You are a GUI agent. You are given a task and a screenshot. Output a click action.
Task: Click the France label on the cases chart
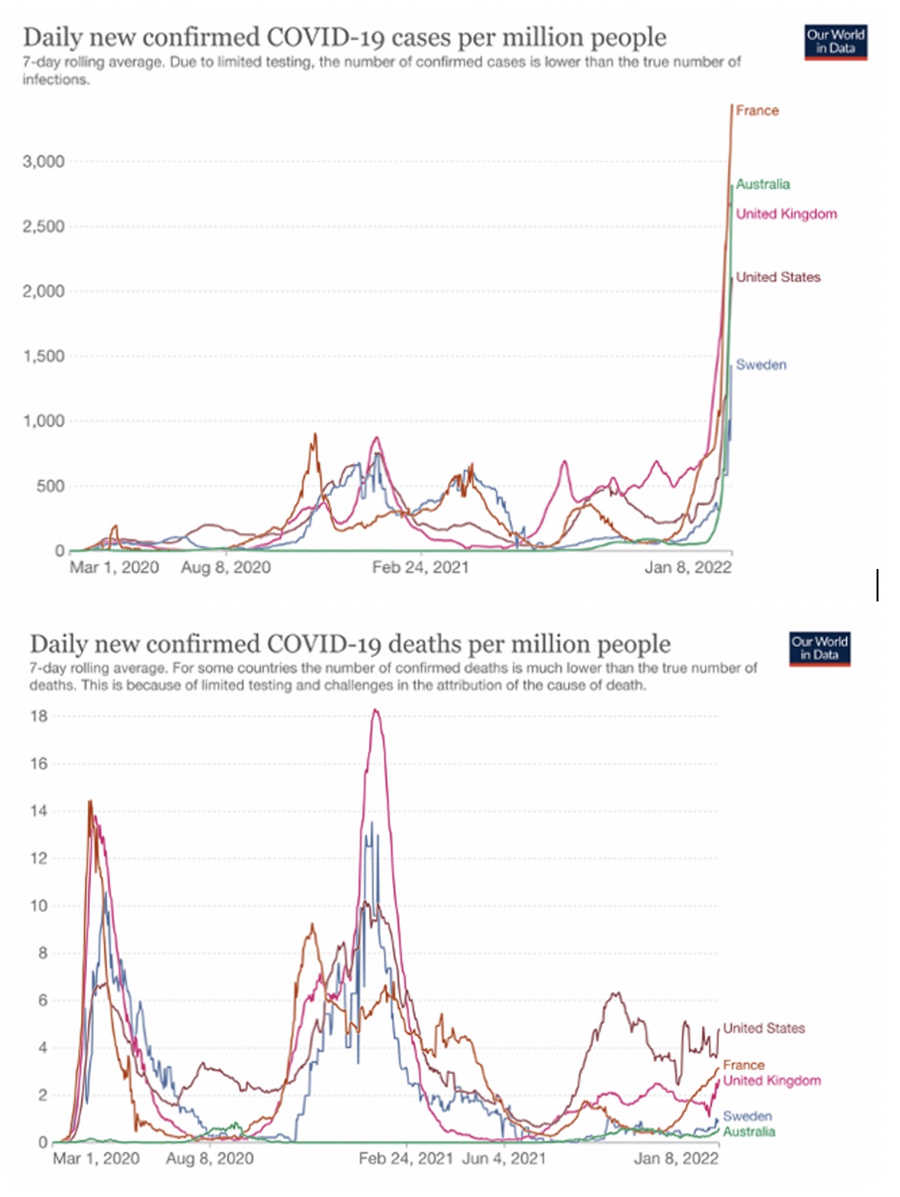(757, 111)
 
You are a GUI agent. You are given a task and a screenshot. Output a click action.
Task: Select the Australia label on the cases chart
(763, 184)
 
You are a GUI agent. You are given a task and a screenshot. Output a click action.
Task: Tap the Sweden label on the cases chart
(761, 365)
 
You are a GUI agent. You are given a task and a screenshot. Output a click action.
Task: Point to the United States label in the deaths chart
(764, 1028)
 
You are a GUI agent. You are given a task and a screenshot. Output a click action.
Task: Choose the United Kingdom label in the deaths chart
(772, 1080)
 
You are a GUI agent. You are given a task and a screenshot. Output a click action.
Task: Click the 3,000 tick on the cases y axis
(44, 162)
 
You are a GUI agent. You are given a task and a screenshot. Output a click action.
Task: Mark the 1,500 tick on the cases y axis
(44, 356)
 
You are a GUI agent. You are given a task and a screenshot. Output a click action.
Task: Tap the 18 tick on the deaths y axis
(38, 716)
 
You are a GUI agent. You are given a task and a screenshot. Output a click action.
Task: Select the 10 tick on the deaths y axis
(38, 905)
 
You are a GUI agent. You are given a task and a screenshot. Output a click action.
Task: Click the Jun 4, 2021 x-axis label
(504, 1159)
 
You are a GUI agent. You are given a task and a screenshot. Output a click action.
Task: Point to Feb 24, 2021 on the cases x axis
(420, 568)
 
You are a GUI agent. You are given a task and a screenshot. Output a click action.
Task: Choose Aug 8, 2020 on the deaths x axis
(210, 1159)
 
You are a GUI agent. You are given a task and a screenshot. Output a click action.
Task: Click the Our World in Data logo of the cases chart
(835, 42)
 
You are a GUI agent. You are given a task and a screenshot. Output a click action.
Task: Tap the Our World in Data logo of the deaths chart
(820, 649)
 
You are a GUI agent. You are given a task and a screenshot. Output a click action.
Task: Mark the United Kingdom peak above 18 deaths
(375, 711)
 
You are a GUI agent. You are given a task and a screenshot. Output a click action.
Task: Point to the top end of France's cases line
(732, 106)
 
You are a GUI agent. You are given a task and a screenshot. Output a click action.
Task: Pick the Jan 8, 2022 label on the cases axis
(688, 568)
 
